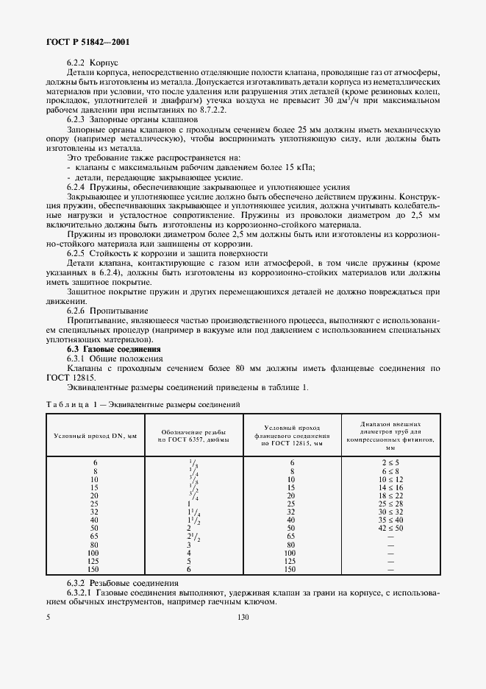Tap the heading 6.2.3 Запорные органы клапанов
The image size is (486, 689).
click(132, 119)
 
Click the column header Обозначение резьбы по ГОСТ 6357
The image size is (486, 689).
click(188, 436)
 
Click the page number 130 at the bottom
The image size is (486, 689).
click(243, 619)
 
